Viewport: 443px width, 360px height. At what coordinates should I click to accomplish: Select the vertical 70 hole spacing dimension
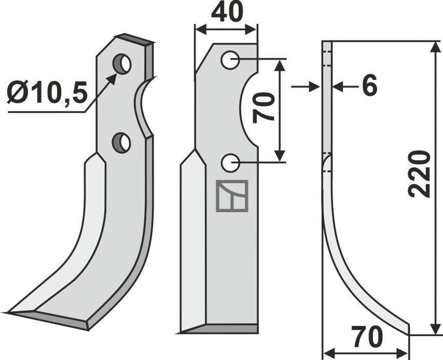click(266, 107)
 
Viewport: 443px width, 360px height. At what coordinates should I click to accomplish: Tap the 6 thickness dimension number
click(369, 87)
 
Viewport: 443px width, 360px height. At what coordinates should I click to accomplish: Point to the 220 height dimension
click(419, 174)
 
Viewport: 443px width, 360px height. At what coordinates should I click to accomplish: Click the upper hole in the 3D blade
click(123, 63)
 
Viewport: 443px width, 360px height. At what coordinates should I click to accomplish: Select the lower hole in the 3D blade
click(122, 142)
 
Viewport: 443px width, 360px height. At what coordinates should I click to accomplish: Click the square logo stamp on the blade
click(232, 196)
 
